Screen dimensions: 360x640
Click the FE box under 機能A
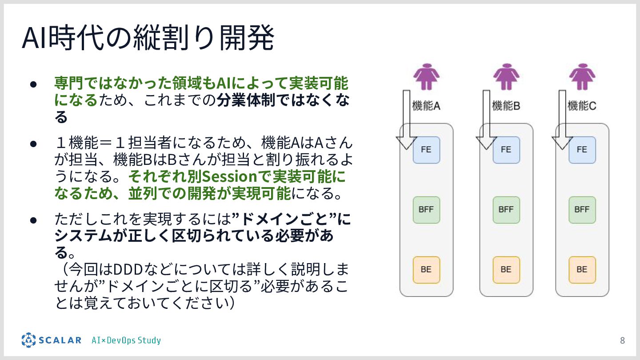tap(426, 150)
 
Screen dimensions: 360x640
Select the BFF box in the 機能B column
tap(506, 210)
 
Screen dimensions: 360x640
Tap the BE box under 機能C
tap(582, 270)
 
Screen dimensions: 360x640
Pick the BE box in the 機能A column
tap(426, 270)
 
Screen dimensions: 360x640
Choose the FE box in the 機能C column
tap(582, 150)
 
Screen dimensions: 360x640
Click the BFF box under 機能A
tap(426, 210)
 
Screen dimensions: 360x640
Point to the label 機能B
tap(506, 106)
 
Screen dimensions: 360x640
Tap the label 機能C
tap(582, 106)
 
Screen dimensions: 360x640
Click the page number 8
tap(622, 341)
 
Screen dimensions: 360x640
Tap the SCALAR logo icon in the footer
tap(28, 340)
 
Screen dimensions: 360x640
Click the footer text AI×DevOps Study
tap(126, 340)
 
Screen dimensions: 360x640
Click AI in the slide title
tap(35, 39)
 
